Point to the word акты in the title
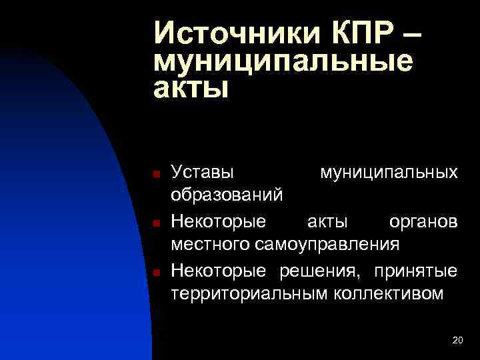coord(191,88)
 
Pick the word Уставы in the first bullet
coord(203,173)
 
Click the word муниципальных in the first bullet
coord(389,173)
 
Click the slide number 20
coord(457,341)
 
